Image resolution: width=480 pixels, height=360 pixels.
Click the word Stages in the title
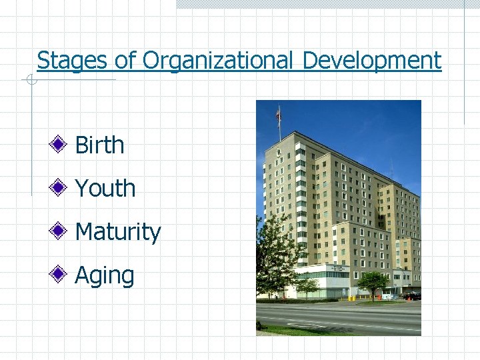(x=73, y=61)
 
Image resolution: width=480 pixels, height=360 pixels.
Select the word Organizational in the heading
(x=217, y=61)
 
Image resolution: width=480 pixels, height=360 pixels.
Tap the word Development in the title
(x=371, y=61)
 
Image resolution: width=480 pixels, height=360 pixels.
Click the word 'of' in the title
(x=125, y=61)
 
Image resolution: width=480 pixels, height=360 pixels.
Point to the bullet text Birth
(x=99, y=145)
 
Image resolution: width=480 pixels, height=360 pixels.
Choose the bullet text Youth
(x=105, y=189)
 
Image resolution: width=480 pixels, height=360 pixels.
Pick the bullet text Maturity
(x=117, y=232)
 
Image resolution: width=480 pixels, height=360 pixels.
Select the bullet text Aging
(x=104, y=275)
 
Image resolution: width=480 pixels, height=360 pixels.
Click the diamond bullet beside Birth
(x=59, y=143)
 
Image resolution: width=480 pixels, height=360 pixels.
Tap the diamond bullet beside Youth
(x=59, y=187)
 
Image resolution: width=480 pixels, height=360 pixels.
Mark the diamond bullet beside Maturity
(x=59, y=230)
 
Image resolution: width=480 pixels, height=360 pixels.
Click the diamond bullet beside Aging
(x=59, y=273)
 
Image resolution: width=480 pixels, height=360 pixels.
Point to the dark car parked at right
(x=411, y=295)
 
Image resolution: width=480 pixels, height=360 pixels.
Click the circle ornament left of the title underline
(x=31, y=81)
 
